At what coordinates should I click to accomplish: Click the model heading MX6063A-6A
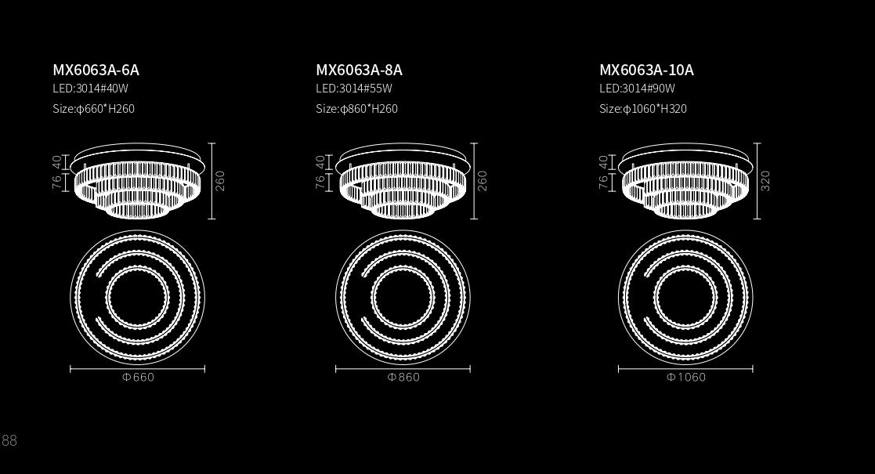tap(96, 70)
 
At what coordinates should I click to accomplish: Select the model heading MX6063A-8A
tap(359, 70)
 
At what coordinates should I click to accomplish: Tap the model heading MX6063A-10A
tap(646, 70)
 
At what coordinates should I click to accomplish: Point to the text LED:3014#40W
tap(90, 89)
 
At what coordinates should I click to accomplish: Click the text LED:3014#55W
tap(354, 89)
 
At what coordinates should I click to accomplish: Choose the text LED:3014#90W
tap(638, 89)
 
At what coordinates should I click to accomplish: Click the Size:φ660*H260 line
tap(94, 109)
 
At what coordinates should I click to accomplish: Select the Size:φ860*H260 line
tap(356, 109)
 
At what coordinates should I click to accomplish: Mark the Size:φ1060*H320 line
tap(643, 109)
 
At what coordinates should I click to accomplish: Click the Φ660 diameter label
tap(138, 378)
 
